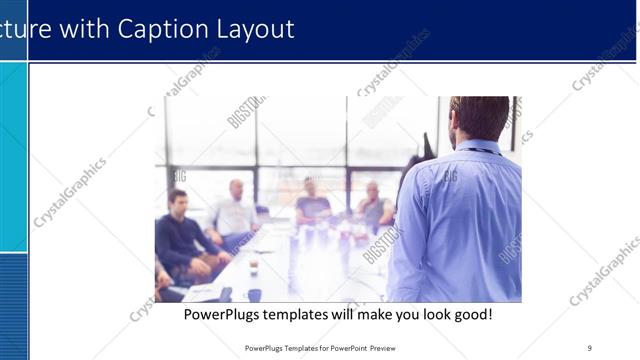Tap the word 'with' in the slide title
pos(86,29)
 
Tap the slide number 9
pos(590,348)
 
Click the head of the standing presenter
pos(479,117)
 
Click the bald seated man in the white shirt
pos(236,210)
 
